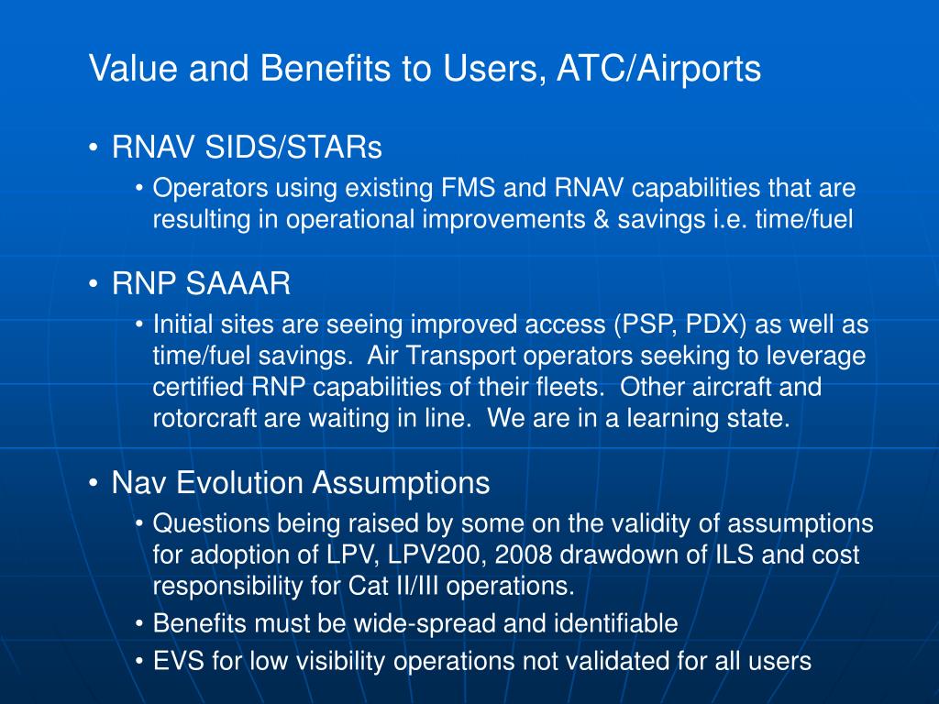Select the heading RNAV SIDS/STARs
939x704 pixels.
(247, 147)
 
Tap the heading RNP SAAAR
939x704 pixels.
(201, 284)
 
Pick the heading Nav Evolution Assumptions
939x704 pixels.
(301, 482)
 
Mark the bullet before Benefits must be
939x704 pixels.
(139, 625)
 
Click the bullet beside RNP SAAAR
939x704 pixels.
(94, 285)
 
